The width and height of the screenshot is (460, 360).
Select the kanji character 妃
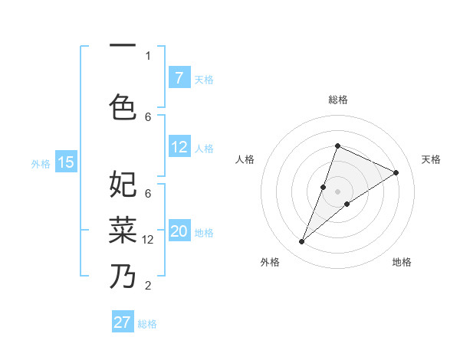point(123,185)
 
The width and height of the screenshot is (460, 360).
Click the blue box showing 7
point(179,78)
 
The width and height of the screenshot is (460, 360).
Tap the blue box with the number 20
point(179,232)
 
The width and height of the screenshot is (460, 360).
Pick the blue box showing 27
point(123,322)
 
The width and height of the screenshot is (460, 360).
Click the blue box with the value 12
point(179,147)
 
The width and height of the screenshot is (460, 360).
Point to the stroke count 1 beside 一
point(148,55)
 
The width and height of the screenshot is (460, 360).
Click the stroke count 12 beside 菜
point(148,240)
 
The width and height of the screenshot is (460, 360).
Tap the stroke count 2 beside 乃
point(148,286)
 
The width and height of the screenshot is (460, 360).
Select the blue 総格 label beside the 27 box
point(147,324)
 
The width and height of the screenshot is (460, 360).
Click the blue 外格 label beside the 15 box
point(41,163)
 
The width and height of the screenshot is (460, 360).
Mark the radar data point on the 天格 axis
point(396,172)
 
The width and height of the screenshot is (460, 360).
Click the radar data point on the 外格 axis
point(301,242)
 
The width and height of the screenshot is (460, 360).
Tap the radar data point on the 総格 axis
point(337,146)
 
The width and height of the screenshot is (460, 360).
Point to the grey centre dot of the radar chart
point(337,191)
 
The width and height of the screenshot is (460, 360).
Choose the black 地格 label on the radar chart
point(402,262)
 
